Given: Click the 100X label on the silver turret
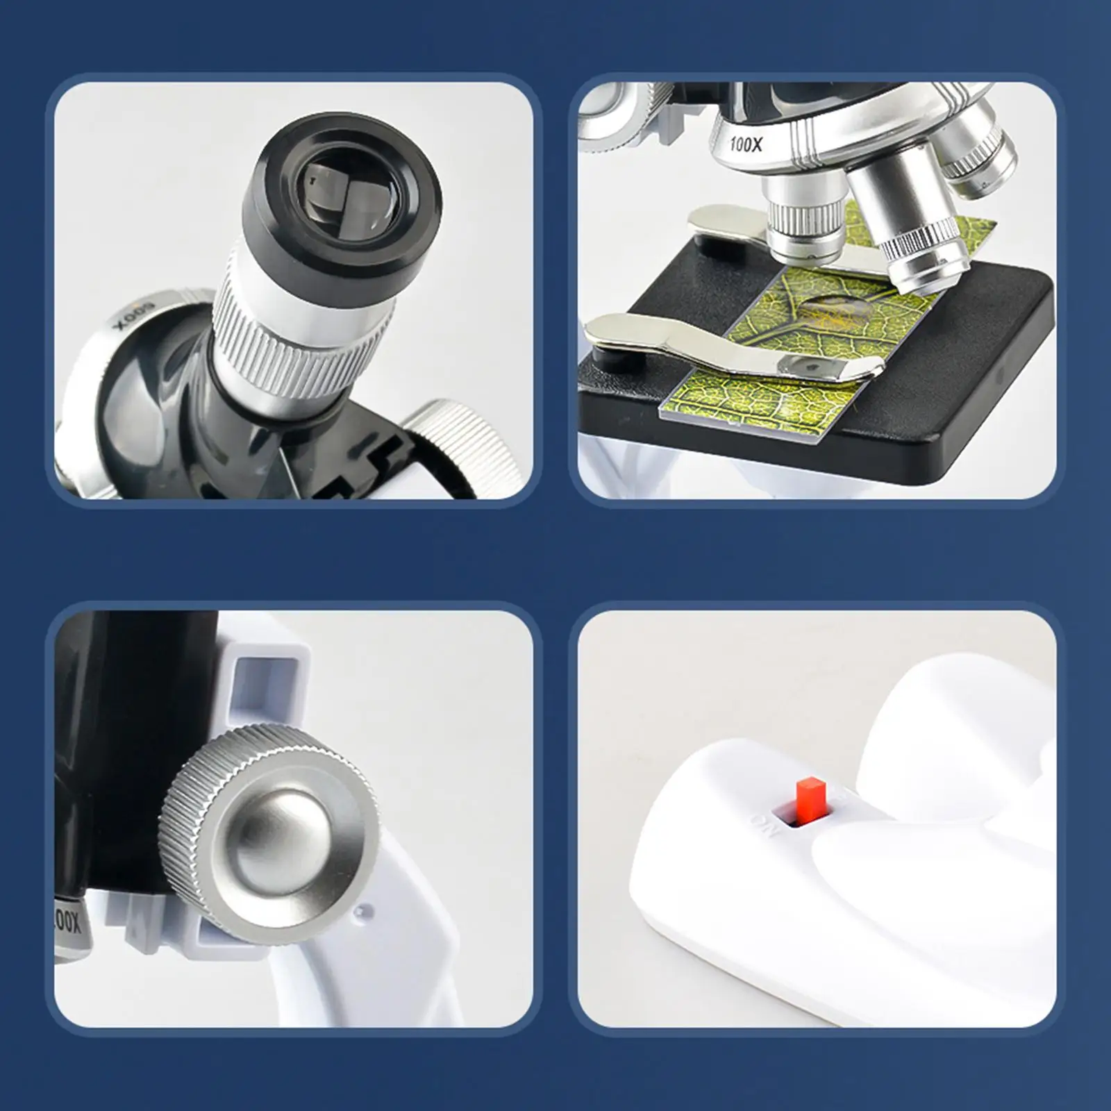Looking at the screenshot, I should tap(746, 145).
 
